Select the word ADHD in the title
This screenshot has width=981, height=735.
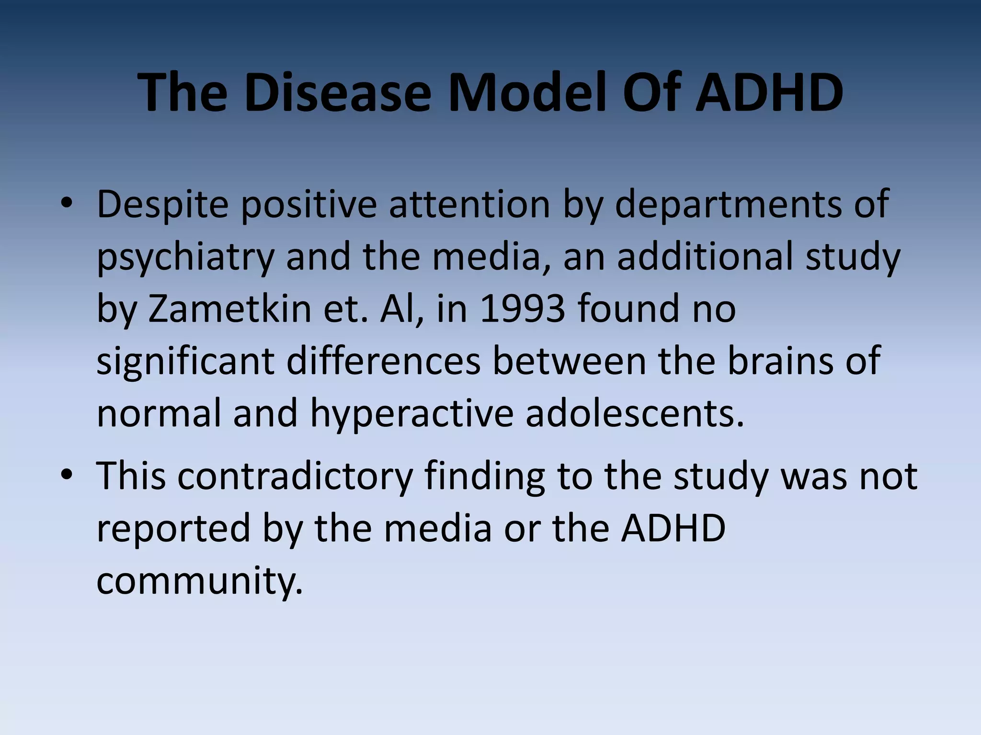[769, 92]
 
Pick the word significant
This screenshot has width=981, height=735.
[185, 361]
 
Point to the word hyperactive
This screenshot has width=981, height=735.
[411, 414]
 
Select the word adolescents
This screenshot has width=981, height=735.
[635, 414]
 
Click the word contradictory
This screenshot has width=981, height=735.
[295, 476]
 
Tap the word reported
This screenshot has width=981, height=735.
[173, 529]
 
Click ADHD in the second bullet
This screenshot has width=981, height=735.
[673, 529]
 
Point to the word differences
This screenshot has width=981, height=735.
[383, 361]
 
